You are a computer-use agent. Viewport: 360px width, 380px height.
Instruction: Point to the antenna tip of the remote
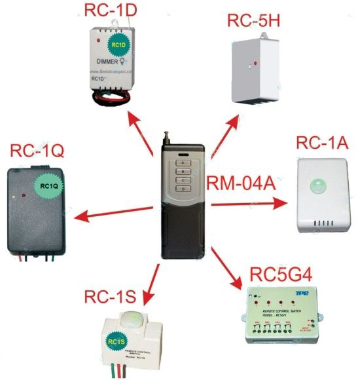click(x=165, y=136)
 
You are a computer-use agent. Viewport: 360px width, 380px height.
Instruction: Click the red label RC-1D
click(x=111, y=10)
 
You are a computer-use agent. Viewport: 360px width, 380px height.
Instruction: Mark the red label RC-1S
click(x=109, y=297)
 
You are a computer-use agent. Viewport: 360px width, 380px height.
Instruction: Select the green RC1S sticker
click(x=115, y=341)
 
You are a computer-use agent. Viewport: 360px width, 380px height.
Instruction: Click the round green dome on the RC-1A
click(x=320, y=185)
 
